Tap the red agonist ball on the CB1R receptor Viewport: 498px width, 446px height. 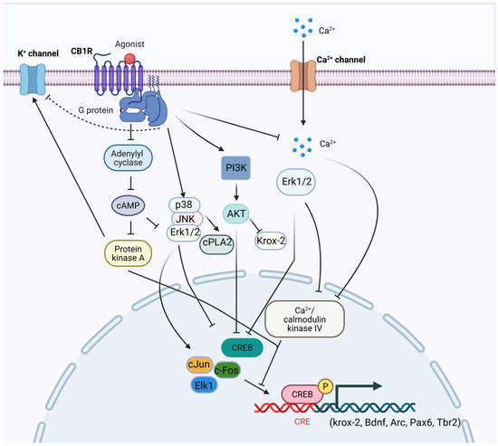tap(131, 61)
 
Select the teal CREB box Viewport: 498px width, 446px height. tap(243, 346)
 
